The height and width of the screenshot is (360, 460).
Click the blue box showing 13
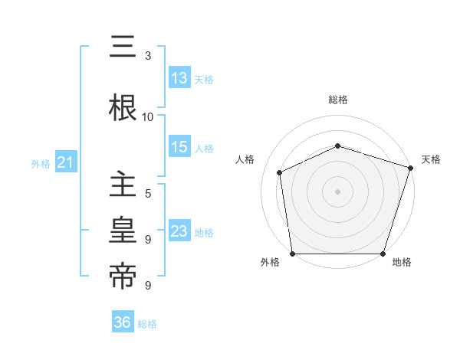click(x=179, y=78)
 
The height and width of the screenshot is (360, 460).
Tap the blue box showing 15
click(x=179, y=147)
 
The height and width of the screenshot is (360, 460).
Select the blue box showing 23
click(x=179, y=231)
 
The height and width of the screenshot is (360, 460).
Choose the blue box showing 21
click(x=65, y=162)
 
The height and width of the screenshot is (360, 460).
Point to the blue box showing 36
click(x=123, y=322)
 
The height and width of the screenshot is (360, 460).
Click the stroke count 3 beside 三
click(x=148, y=56)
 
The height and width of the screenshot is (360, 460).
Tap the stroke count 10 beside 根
click(x=148, y=117)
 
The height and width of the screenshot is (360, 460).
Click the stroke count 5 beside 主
click(x=148, y=193)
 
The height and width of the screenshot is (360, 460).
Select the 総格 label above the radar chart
click(x=337, y=100)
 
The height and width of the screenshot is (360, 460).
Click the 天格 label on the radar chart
click(x=431, y=159)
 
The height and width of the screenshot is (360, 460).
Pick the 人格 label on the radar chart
click(x=245, y=159)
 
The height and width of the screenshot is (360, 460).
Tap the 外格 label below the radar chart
click(x=270, y=263)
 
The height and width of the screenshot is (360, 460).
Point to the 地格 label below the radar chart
click(x=402, y=263)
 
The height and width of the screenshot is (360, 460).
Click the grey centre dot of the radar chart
click(x=337, y=191)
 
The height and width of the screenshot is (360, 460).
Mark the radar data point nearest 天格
click(x=410, y=168)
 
